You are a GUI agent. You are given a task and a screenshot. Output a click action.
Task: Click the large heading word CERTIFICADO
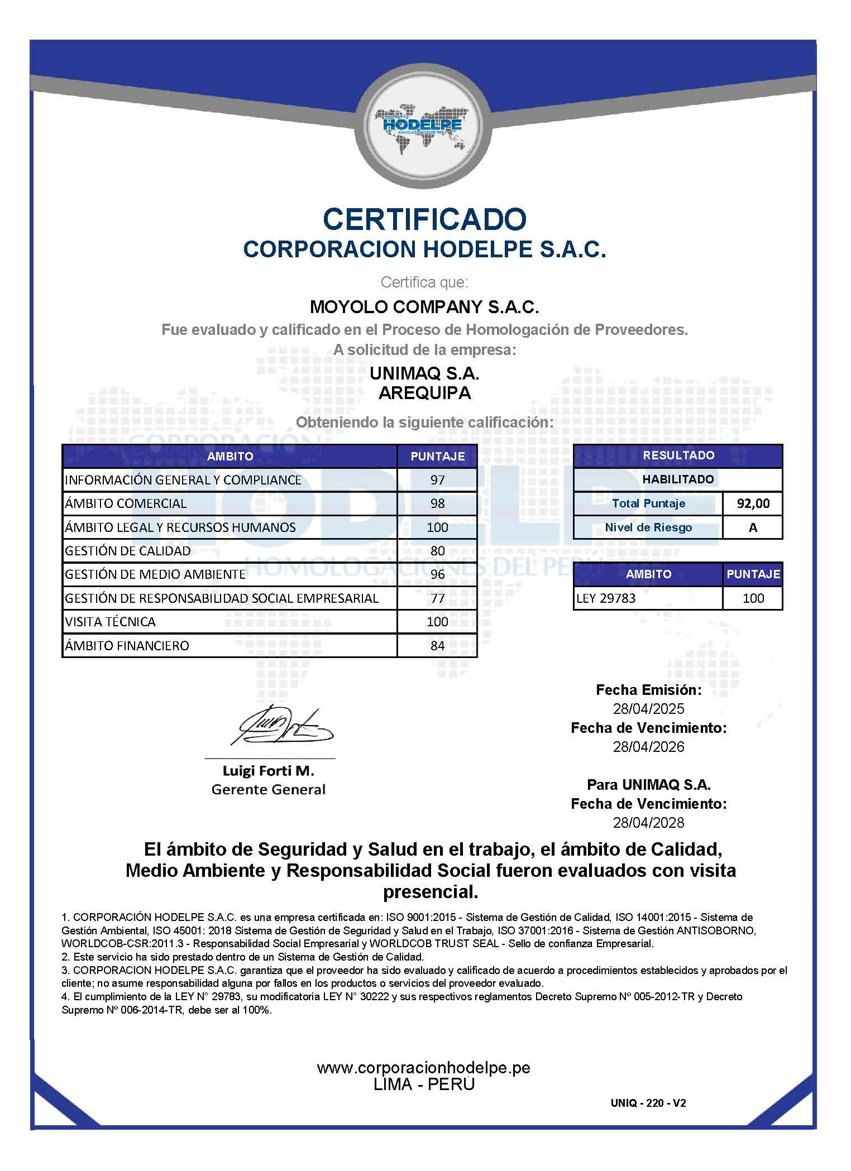[424, 218]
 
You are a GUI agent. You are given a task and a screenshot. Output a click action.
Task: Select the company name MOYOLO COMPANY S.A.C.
[424, 306]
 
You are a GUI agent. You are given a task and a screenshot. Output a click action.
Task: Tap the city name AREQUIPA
[424, 393]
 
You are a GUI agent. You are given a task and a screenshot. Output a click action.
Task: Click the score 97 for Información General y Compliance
[437, 479]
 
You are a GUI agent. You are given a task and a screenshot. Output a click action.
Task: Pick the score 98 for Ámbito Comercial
[437, 503]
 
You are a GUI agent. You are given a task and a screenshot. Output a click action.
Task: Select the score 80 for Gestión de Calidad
[437, 551]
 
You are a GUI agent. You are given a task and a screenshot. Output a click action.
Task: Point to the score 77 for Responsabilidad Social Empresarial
[437, 598]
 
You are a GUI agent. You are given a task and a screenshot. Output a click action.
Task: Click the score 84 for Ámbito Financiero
[437, 646]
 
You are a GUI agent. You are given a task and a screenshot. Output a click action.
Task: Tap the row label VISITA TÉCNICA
[111, 622]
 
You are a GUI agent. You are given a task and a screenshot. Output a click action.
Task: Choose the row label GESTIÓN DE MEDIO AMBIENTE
[155, 574]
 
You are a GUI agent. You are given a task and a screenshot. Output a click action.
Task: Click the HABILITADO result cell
[678, 479]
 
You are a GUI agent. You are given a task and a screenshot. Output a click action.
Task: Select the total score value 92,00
[753, 503]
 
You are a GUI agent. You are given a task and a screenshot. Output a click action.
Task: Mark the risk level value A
[753, 527]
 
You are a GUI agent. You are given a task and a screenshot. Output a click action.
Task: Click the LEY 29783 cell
[606, 598]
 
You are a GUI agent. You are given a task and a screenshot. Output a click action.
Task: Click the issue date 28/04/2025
[648, 709]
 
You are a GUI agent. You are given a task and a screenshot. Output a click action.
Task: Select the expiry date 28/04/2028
[648, 823]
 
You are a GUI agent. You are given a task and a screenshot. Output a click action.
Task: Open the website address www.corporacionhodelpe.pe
[424, 1068]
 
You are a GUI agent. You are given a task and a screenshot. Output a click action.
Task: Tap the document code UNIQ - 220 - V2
[648, 1103]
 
